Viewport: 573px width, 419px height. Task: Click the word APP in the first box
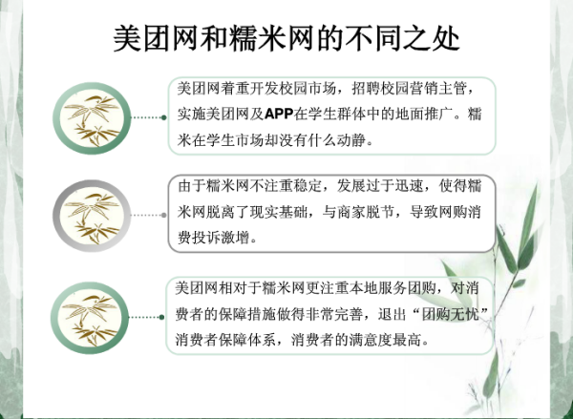(x=279, y=115)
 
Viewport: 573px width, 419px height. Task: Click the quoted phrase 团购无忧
(x=450, y=315)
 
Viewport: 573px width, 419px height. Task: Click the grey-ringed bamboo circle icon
(x=92, y=216)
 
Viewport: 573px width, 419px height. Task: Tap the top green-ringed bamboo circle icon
(x=92, y=118)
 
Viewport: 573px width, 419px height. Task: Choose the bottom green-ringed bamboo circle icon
(x=90, y=318)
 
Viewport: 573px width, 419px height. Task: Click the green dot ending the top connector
(x=164, y=117)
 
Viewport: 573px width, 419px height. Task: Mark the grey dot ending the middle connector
(x=164, y=215)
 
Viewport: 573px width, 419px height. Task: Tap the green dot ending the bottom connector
(x=162, y=317)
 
